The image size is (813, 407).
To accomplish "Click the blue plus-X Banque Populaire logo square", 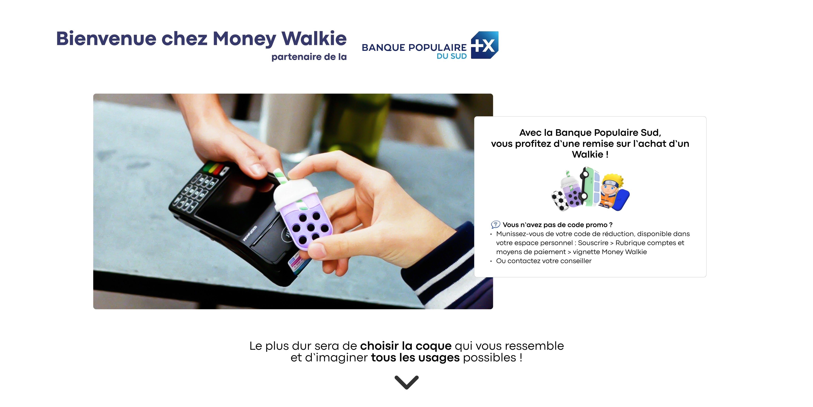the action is point(485,45).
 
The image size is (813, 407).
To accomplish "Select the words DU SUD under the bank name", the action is point(452,56).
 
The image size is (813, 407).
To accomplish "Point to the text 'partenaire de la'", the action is point(309,57).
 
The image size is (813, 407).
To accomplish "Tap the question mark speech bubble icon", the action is point(496,224).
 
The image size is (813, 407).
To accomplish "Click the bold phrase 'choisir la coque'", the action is point(406,346).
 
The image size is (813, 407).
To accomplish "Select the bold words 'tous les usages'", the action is point(415,358).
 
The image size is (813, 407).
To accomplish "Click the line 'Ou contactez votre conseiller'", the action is point(544,261).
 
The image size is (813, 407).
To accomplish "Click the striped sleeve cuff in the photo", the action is point(448,269).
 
